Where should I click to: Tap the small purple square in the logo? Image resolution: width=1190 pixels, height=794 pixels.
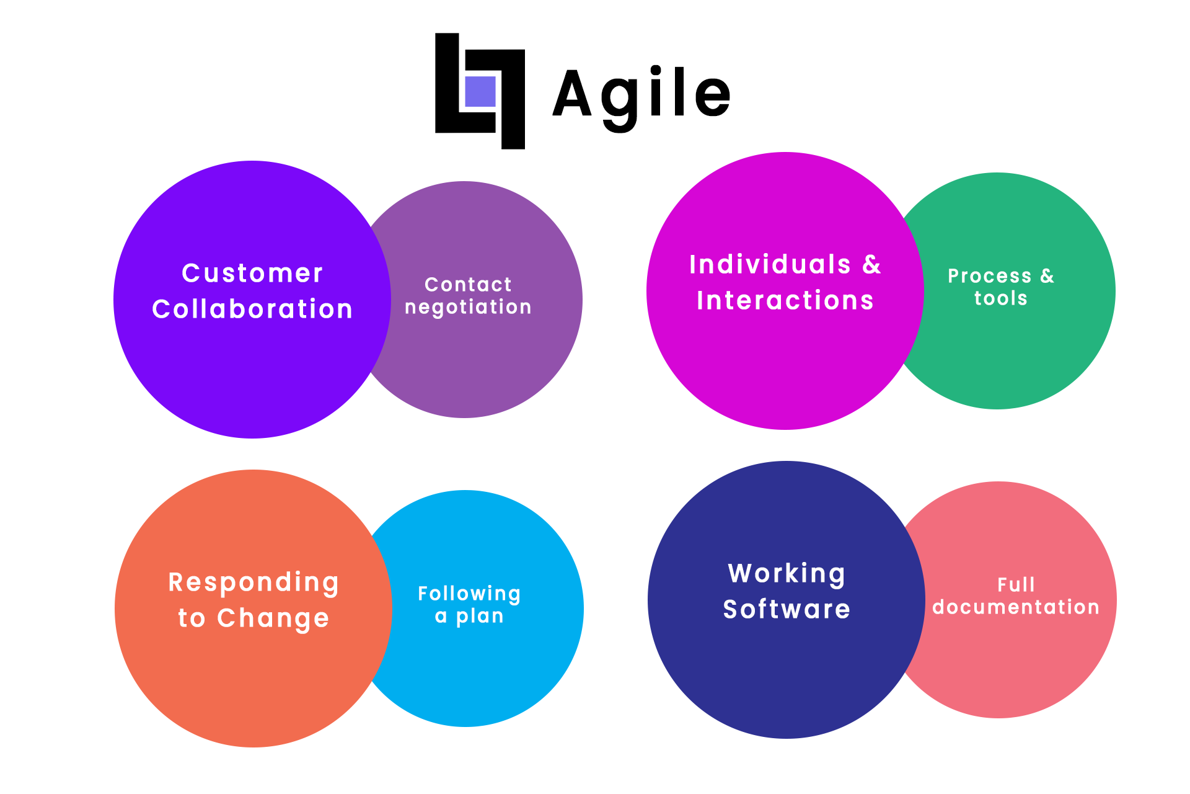(480, 92)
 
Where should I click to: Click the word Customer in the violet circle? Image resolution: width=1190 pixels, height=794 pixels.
(252, 273)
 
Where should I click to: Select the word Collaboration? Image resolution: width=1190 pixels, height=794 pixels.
(252, 308)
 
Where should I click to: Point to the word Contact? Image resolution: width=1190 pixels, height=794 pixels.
(468, 284)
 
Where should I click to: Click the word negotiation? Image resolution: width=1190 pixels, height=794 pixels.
(468, 307)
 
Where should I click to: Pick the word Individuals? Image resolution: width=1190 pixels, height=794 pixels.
(770, 264)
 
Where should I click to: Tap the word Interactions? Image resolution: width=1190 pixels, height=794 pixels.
(785, 300)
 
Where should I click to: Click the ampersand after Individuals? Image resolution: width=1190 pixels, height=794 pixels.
(871, 265)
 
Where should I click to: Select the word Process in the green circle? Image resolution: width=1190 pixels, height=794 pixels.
(990, 276)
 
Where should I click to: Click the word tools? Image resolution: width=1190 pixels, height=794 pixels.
(1000, 298)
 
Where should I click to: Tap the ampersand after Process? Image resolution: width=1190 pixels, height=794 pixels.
(1047, 276)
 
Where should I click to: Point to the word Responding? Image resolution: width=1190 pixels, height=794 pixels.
(253, 583)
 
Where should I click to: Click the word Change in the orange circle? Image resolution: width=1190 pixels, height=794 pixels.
(273, 618)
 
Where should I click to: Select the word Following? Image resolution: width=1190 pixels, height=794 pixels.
(469, 594)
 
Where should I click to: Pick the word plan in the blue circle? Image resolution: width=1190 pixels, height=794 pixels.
(480, 617)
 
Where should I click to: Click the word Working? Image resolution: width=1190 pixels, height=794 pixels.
(787, 574)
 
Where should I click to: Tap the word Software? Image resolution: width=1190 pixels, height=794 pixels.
(787, 609)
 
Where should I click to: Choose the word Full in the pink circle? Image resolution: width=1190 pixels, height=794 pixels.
(1016, 584)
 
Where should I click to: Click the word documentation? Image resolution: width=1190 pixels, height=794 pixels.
(1016, 607)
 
